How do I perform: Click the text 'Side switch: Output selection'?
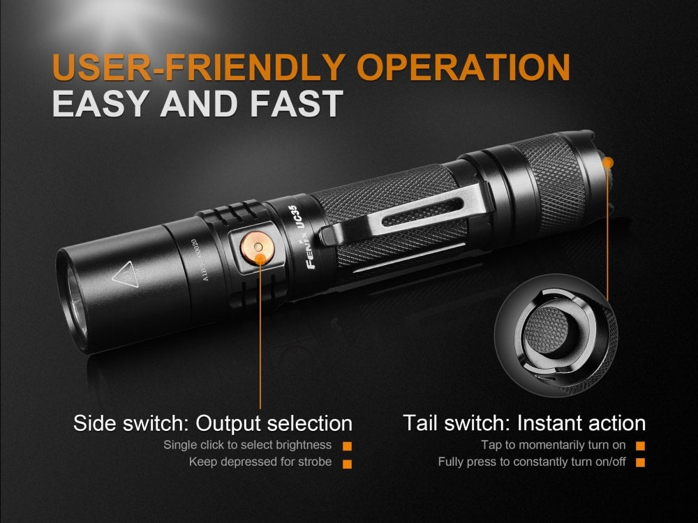coord(213,423)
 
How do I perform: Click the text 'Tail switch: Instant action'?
coord(524,423)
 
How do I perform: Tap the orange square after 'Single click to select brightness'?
coord(347,446)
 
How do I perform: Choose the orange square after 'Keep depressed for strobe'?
coord(347,462)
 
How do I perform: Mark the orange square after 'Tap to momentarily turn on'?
coord(640,446)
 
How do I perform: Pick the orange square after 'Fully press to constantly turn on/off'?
coord(640,462)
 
